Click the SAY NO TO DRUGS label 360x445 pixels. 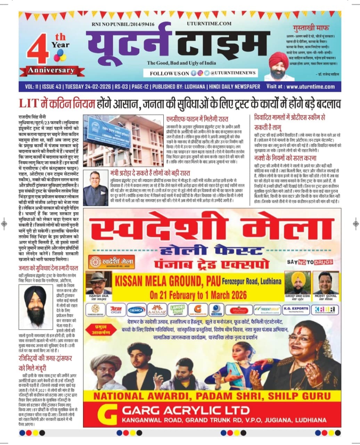tap(310, 262)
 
